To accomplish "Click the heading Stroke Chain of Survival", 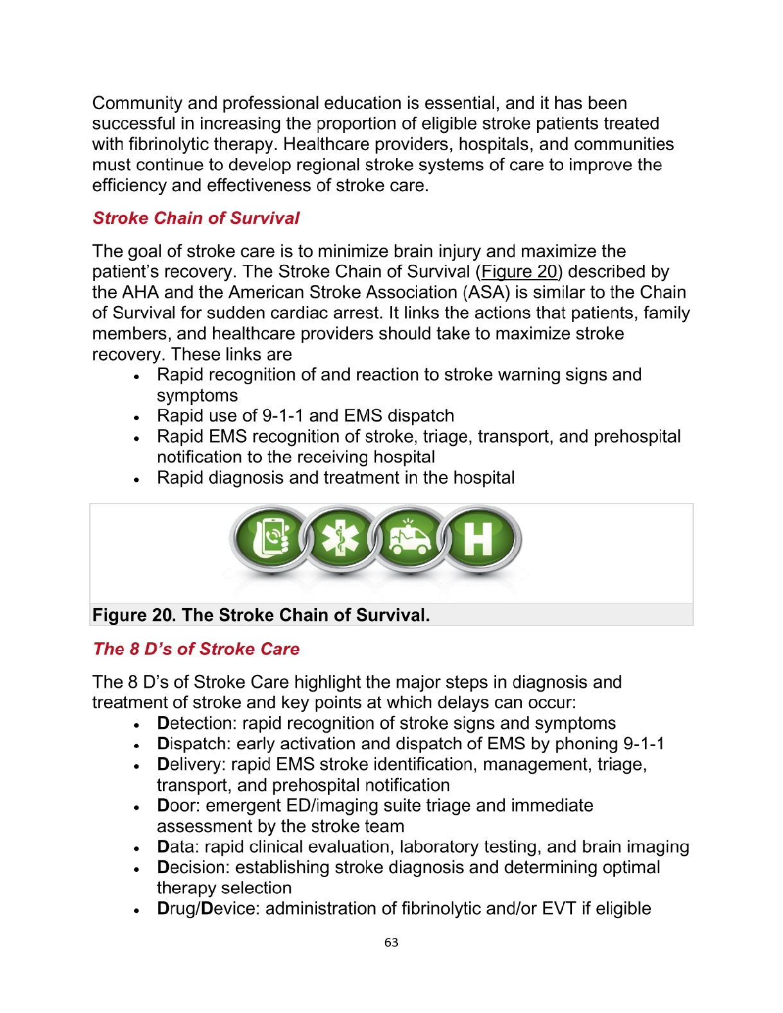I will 196,218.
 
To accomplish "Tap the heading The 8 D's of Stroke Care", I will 196,649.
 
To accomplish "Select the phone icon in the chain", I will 271,538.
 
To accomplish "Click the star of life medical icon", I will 340,538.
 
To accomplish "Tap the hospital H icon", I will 479,538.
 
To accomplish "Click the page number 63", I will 391,942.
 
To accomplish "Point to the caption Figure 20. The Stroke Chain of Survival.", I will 261,615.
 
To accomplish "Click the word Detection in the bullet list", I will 196,723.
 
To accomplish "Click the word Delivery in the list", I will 191,764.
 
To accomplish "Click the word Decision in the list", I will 193,867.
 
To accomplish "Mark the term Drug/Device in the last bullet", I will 208,908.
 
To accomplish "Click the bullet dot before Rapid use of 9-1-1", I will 137,418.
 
